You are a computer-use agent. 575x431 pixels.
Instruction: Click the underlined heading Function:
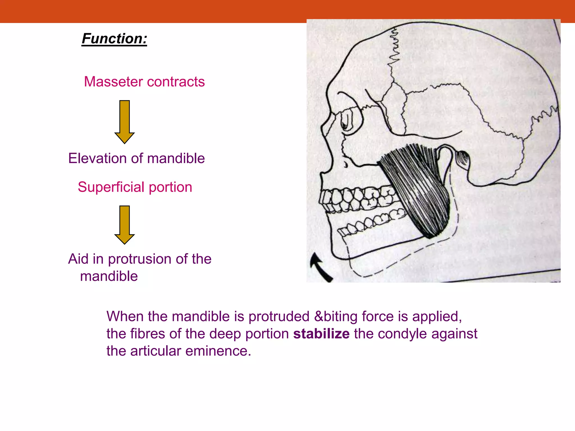coord(114,39)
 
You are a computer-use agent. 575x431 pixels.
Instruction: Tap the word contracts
coord(176,82)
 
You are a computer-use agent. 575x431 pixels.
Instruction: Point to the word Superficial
coord(111,187)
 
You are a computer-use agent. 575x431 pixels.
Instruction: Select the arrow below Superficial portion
coord(124,224)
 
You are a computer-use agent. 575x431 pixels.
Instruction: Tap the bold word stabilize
coord(321,334)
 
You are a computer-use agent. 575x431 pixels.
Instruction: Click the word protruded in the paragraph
coord(279,317)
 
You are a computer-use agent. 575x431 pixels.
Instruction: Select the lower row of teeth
coord(371,223)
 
